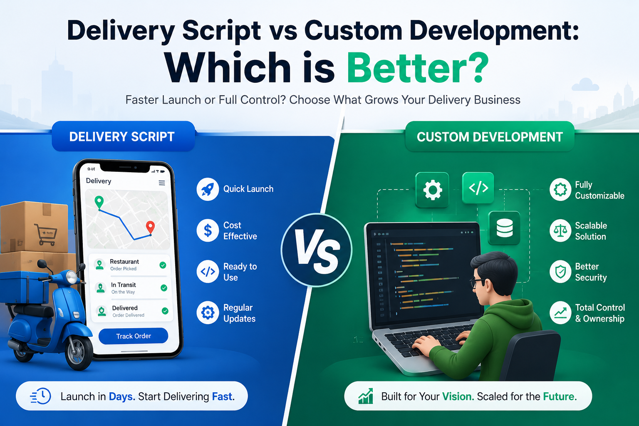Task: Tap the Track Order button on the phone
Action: tap(133, 336)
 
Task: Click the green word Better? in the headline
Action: tap(418, 67)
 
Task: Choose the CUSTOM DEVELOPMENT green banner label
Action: tap(490, 136)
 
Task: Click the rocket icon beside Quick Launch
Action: tap(208, 189)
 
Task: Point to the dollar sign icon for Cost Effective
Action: tap(208, 230)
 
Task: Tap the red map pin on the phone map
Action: tap(150, 228)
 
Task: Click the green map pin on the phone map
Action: tap(99, 202)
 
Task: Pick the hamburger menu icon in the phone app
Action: tap(162, 183)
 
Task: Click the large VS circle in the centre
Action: tap(316, 250)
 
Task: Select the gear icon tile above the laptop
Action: tap(432, 189)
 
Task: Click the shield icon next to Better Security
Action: tap(560, 272)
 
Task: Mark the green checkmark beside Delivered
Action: tap(165, 311)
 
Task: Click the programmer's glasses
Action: tap(477, 283)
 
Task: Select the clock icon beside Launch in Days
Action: tap(40, 396)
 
